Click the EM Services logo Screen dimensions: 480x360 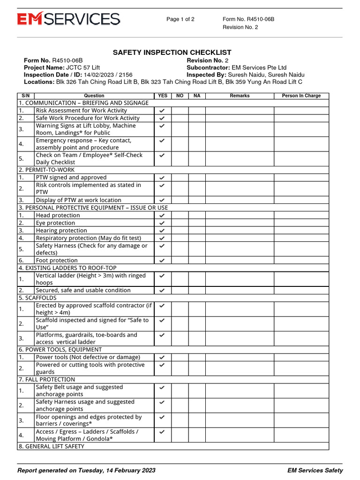(68, 19)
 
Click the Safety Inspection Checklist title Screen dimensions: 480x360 (172, 52)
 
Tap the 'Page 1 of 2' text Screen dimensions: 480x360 (180, 19)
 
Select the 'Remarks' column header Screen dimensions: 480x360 (240, 96)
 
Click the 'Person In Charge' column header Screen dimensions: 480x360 (301, 96)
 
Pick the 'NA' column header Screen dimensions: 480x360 (197, 96)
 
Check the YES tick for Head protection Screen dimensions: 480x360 (162, 216)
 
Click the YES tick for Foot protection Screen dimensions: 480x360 (162, 261)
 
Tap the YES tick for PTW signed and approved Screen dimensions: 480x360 (162, 178)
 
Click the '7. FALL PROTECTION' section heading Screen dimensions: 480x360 (46, 380)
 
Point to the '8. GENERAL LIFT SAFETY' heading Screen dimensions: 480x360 (51, 447)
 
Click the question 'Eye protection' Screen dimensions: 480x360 (55, 223)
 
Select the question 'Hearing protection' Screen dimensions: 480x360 (61, 231)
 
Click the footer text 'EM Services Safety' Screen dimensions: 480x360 (315, 470)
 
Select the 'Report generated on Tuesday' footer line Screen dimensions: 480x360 (86, 470)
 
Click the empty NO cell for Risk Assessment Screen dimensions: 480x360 (180, 111)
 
